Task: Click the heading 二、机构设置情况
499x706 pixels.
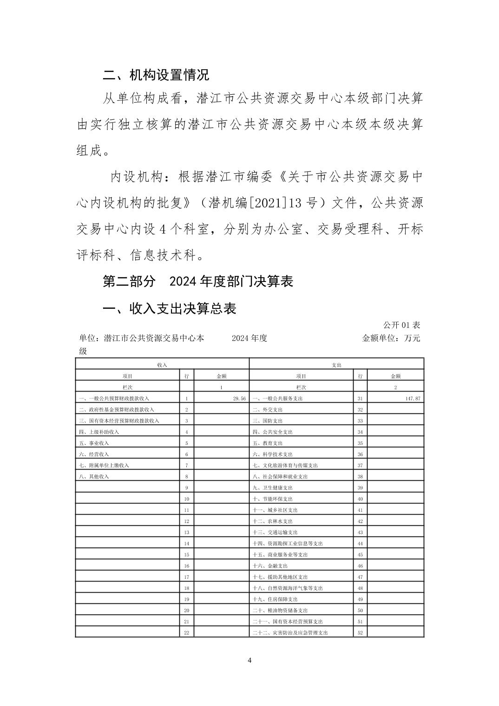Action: tap(156, 74)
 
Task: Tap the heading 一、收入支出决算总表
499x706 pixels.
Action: tap(170, 308)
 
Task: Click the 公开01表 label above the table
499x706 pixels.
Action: tap(401, 325)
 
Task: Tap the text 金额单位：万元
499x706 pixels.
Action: tap(391, 338)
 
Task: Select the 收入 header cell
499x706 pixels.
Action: tap(162, 365)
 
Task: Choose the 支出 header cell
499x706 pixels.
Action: tap(336, 365)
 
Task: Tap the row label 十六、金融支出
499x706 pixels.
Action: tap(270, 566)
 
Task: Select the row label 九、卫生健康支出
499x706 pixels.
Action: tap(272, 488)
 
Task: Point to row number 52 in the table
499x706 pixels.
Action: tap(360, 633)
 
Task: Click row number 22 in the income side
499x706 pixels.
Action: tap(186, 633)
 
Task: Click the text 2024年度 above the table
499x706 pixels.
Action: tap(249, 338)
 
